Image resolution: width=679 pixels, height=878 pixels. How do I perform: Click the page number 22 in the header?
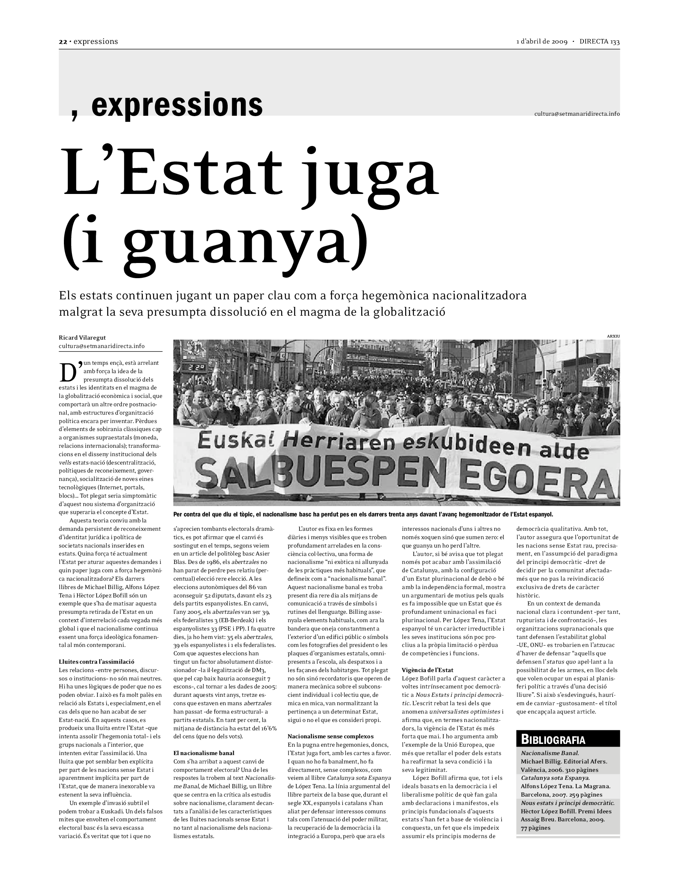pyautogui.click(x=62, y=42)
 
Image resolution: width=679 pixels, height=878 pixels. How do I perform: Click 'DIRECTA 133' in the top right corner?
pyautogui.click(x=600, y=42)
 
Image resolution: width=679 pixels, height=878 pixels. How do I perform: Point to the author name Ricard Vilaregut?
pyautogui.click(x=82, y=337)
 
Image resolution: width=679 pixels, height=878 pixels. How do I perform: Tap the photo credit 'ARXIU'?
pyautogui.click(x=613, y=336)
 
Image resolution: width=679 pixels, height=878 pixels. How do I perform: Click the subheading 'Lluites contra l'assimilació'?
pyautogui.click(x=97, y=661)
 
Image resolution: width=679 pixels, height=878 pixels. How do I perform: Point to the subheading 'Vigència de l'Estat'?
pyautogui.click(x=428, y=670)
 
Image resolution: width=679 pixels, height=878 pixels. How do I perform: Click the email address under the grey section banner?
pyautogui.click(x=577, y=114)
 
